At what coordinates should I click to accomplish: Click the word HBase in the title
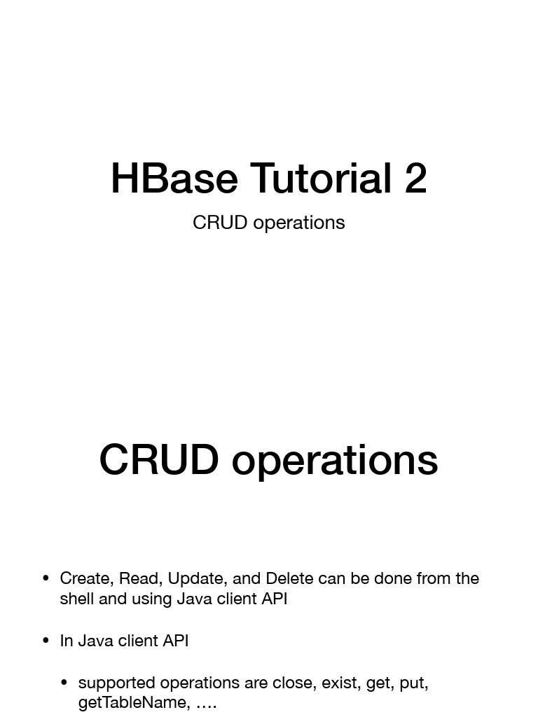(x=174, y=179)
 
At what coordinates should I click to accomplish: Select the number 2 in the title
(x=415, y=179)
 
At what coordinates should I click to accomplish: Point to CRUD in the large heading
(x=159, y=460)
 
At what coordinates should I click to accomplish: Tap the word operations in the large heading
(x=335, y=460)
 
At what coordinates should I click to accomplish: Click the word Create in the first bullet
(x=85, y=578)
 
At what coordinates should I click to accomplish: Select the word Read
(x=139, y=578)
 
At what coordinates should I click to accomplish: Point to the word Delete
(x=289, y=578)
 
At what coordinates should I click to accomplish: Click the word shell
(x=76, y=599)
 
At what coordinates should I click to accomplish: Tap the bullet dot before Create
(x=46, y=578)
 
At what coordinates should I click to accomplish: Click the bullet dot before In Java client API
(x=46, y=641)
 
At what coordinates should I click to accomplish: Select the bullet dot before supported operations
(x=64, y=683)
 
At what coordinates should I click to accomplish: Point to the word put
(x=413, y=683)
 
